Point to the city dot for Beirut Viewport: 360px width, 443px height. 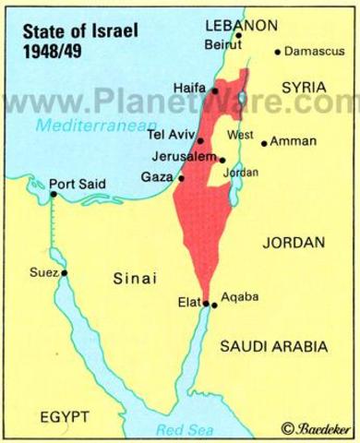coord(238,36)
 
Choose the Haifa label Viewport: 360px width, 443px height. coord(191,90)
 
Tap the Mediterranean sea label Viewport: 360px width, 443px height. coord(82,119)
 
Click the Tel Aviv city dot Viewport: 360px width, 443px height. coord(200,141)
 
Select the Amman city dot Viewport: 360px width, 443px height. coord(265,143)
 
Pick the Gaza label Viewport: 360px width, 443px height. coord(162,176)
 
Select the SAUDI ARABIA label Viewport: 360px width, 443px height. coord(273,346)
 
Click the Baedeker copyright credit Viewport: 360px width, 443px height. coord(318,428)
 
